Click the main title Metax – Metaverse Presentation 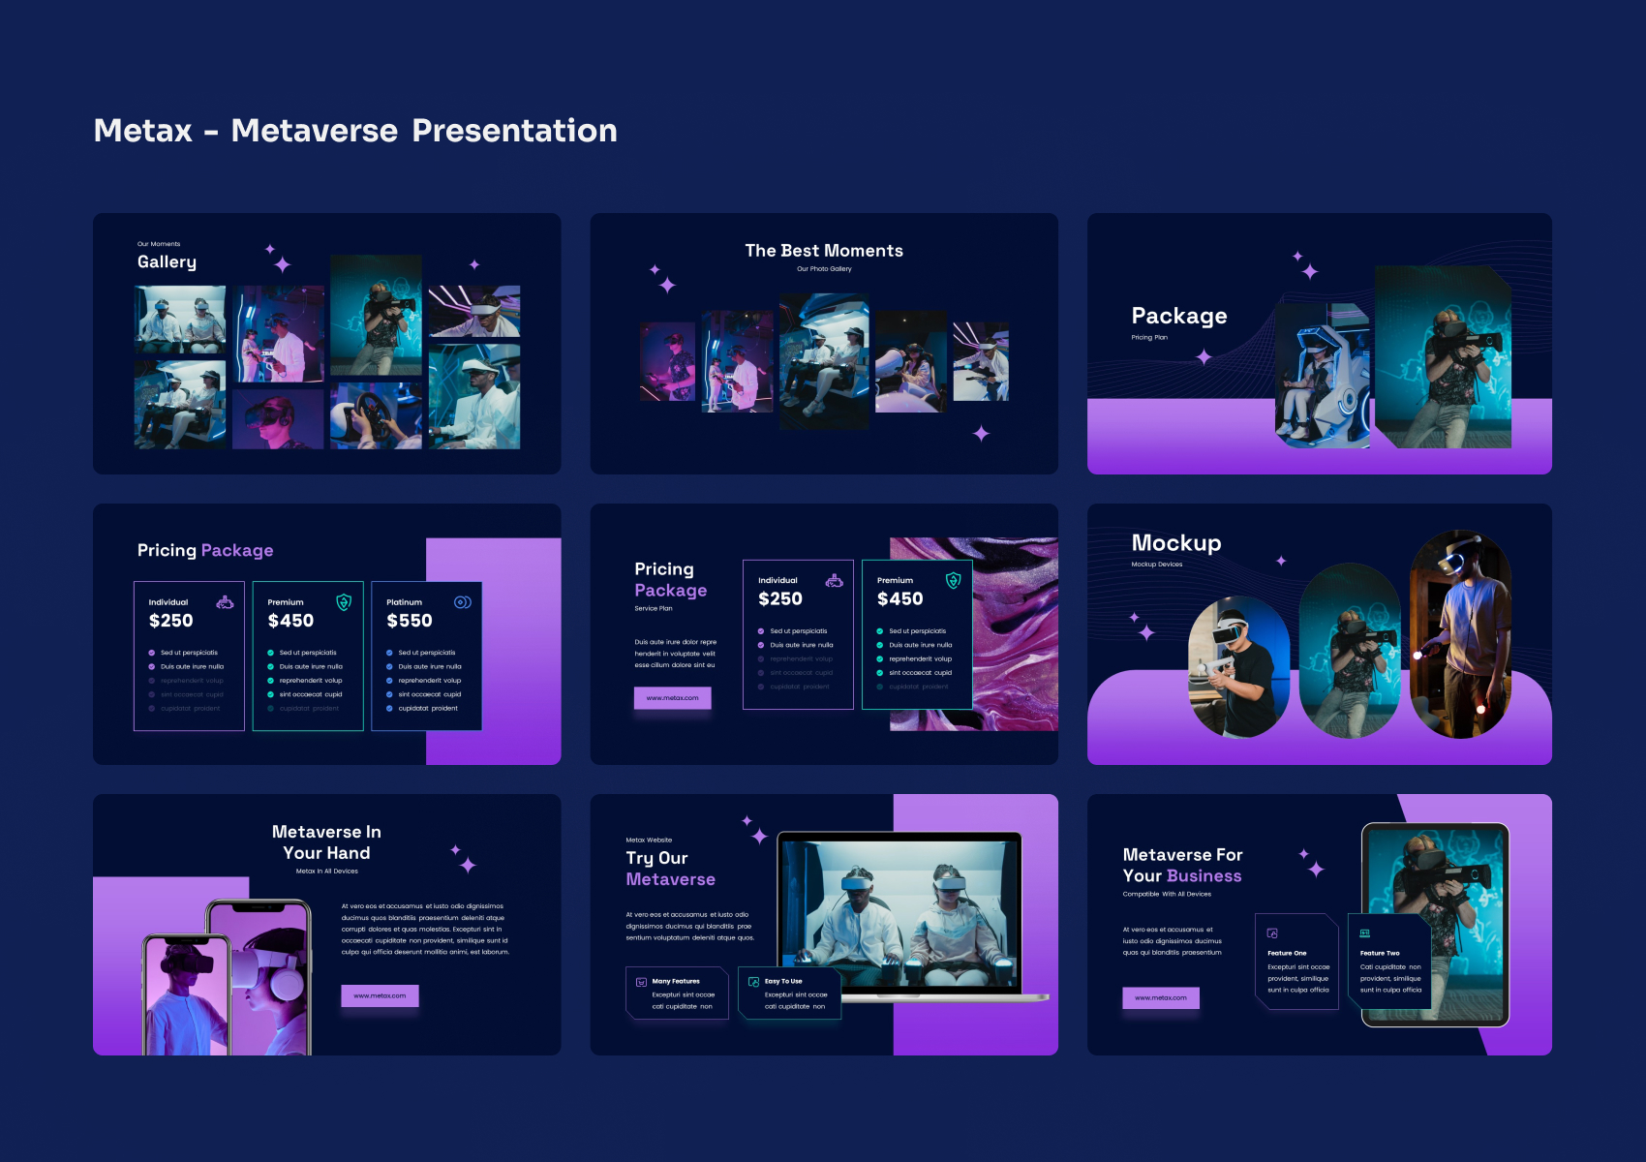point(355,131)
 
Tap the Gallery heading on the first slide point(167,262)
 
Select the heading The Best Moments point(824,251)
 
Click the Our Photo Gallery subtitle point(824,269)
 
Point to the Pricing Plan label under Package point(1149,338)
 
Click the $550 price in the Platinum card point(410,621)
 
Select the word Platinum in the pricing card point(404,602)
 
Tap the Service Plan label point(654,609)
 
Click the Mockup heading point(1176,543)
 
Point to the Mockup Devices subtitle point(1157,565)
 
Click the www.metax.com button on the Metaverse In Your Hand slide point(380,995)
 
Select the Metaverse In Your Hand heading point(326,842)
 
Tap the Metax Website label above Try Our point(649,841)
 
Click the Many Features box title point(676,981)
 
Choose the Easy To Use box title point(783,981)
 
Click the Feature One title point(1287,953)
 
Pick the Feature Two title point(1380,953)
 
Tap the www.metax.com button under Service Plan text point(672,698)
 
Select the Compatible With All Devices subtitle point(1167,895)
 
